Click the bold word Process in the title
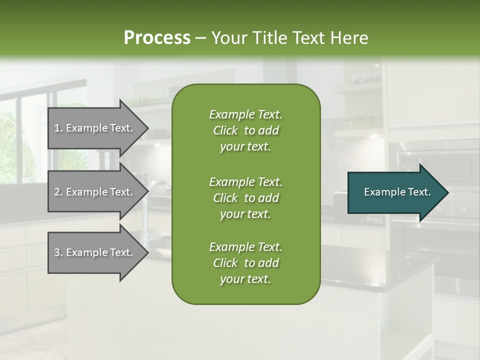coord(157,38)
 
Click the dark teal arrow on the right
coord(395,192)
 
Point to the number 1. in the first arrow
coord(58,128)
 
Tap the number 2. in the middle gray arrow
coord(58,192)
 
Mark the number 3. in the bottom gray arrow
coord(58,252)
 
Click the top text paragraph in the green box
coord(245,130)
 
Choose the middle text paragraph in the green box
coord(245,197)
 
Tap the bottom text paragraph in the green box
coord(245,263)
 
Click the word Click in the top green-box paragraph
coord(225,131)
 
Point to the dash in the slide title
coord(200,38)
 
